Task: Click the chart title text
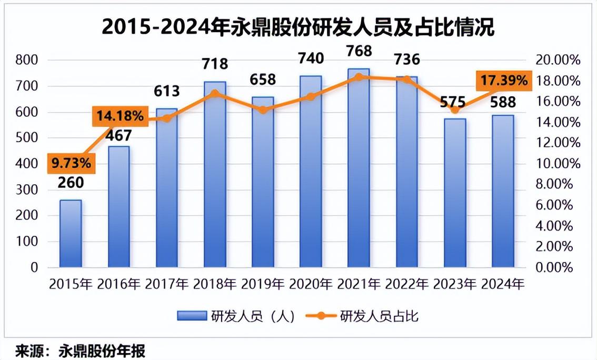tap(298, 27)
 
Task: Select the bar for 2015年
tap(71, 234)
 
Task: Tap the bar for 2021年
tap(359, 168)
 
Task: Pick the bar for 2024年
tap(503, 192)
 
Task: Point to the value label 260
tap(71, 183)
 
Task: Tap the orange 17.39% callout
tap(502, 81)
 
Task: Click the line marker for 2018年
tap(215, 94)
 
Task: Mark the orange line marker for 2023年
tap(455, 110)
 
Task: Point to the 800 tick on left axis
tap(27, 60)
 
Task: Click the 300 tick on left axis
tap(27, 189)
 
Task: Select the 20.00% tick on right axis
tap(557, 60)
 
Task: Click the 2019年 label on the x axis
tap(263, 284)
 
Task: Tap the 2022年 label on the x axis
tap(407, 284)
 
